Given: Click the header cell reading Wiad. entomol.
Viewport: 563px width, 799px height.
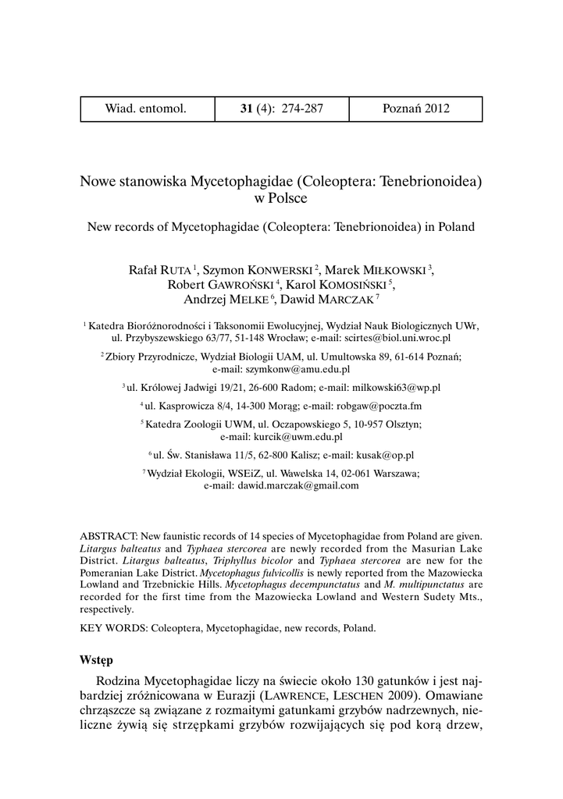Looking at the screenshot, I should point(146,109).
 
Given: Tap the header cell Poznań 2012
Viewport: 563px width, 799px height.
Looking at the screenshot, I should point(415,109).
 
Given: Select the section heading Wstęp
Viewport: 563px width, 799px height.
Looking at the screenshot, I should point(96,659).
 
